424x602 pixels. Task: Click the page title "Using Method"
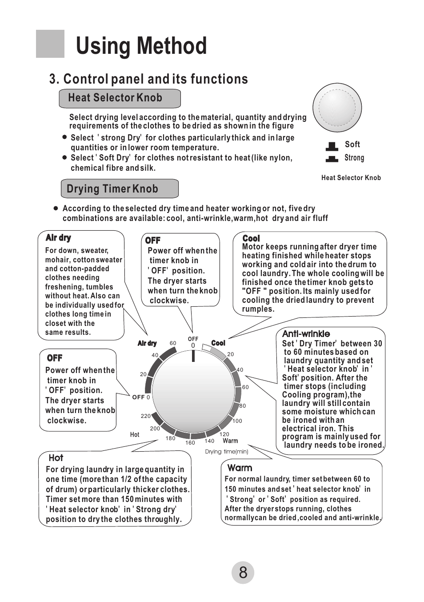pyautogui.click(x=141, y=46)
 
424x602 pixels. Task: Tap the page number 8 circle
pyautogui.click(x=243, y=573)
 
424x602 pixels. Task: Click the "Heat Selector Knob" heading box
pyautogui.click(x=120, y=98)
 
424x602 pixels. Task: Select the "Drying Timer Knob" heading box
pyautogui.click(x=119, y=189)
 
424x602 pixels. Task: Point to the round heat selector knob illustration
pyautogui.click(x=337, y=108)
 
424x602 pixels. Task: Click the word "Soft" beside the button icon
pyautogui.click(x=352, y=144)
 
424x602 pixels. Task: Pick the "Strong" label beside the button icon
pyautogui.click(x=354, y=158)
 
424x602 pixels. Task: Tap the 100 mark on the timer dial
pyautogui.click(x=237, y=421)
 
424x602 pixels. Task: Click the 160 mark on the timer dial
pyautogui.click(x=190, y=443)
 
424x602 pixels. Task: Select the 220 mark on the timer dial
pyautogui.click(x=146, y=416)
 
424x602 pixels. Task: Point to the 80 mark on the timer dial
pyautogui.click(x=243, y=406)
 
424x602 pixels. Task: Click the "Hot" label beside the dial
pyautogui.click(x=135, y=435)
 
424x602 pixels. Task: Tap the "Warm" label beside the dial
pyautogui.click(x=230, y=441)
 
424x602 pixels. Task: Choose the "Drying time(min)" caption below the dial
pyautogui.click(x=227, y=452)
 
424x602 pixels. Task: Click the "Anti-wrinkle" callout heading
pyautogui.click(x=306, y=334)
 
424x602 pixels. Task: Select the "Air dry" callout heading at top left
pyautogui.click(x=58, y=238)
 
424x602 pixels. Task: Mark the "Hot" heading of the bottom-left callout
pyautogui.click(x=56, y=458)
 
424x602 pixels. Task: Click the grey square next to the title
pyautogui.click(x=50, y=44)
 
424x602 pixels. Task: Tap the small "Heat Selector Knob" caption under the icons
pyautogui.click(x=351, y=178)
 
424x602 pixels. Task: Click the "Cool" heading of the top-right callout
pyautogui.click(x=251, y=239)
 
